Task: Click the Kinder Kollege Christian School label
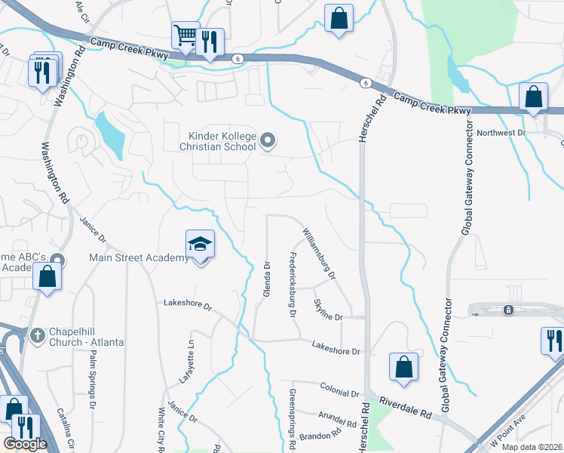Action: tap(222, 141)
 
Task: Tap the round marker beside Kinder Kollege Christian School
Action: tap(268, 140)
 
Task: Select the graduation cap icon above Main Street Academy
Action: tap(201, 243)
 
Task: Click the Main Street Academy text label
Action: tap(139, 258)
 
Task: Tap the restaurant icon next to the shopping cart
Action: tap(210, 42)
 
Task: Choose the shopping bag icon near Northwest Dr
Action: tap(534, 96)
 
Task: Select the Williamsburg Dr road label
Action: tap(319, 254)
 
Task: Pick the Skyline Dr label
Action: tap(328, 309)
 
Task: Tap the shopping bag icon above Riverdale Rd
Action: tap(403, 366)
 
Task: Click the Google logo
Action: tap(25, 443)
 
